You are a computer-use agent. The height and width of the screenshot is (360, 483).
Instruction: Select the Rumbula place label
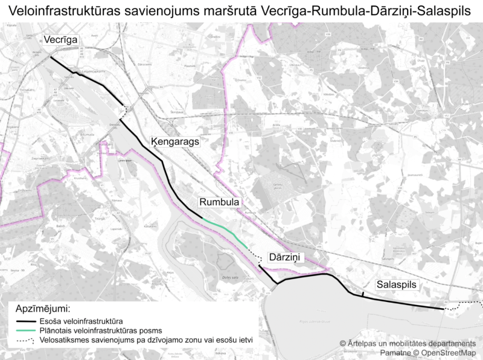point(219,202)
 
